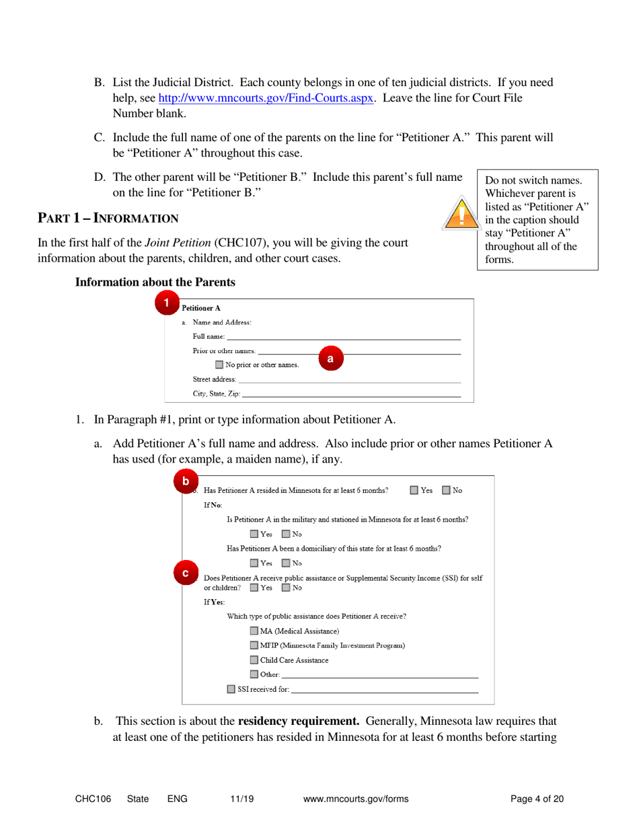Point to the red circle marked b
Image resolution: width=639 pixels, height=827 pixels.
point(186,482)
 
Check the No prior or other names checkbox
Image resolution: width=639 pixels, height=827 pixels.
point(220,365)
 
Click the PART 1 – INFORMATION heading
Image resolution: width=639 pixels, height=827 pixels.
point(108,218)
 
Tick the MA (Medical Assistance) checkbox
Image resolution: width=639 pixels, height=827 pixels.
point(254,631)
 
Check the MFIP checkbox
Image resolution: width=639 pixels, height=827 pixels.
point(254,645)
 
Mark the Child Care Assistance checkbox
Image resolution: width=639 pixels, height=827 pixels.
point(254,660)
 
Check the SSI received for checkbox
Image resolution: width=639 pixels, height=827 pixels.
point(231,689)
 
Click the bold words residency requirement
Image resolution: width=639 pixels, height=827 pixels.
point(294,722)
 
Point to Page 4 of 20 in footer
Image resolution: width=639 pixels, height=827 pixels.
point(537,799)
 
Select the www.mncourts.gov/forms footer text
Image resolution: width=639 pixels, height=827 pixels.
point(356,799)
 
